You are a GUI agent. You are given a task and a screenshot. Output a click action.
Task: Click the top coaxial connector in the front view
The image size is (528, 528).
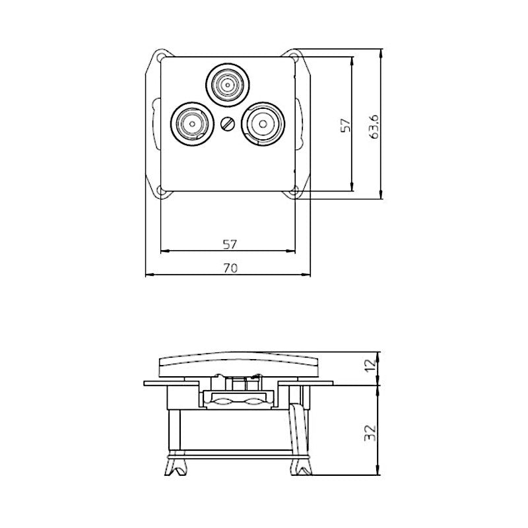click(x=228, y=84)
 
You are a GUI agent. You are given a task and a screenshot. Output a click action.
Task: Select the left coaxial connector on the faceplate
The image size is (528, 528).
click(x=191, y=123)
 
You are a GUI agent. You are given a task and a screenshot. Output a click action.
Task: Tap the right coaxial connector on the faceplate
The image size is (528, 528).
click(x=263, y=123)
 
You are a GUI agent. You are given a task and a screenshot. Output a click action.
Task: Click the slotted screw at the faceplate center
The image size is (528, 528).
click(x=228, y=123)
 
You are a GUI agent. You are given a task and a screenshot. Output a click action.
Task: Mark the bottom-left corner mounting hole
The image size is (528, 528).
click(x=161, y=191)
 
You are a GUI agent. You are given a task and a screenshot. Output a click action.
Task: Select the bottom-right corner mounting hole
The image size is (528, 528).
click(x=294, y=191)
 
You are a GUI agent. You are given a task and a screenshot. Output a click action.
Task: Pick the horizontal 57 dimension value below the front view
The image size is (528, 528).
click(x=228, y=244)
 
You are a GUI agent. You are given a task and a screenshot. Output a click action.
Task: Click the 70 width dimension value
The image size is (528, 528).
click(x=228, y=267)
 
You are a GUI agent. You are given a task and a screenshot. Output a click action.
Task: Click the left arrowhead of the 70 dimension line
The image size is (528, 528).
click(x=148, y=275)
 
